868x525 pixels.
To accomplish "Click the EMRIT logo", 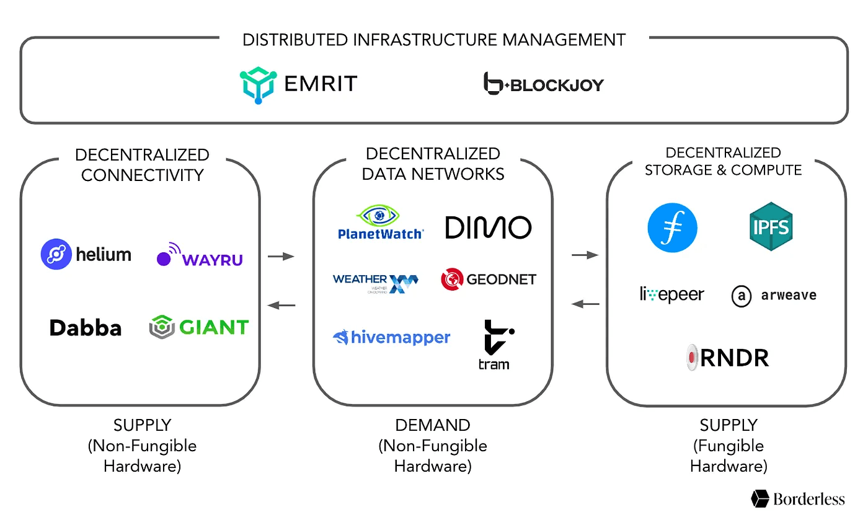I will pyautogui.click(x=298, y=84).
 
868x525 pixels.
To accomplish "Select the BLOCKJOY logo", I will pyautogui.click(x=543, y=84).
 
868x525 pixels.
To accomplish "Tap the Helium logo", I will pyautogui.click(x=86, y=254).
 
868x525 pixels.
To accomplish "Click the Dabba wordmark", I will pyautogui.click(x=86, y=327).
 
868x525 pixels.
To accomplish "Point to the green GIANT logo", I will pyautogui.click(x=199, y=327).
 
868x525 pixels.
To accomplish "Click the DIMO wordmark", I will pyautogui.click(x=488, y=227).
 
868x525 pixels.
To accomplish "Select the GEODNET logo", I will pyautogui.click(x=488, y=280).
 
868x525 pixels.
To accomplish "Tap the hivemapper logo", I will pyautogui.click(x=391, y=337).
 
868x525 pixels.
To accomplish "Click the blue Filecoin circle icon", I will pyautogui.click(x=672, y=227).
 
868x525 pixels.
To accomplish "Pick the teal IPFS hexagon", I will pyautogui.click(x=771, y=226).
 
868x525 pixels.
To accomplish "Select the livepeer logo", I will pyautogui.click(x=671, y=294).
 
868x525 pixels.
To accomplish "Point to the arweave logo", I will pyautogui.click(x=774, y=296).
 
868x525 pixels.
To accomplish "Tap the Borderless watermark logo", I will pyautogui.click(x=797, y=498).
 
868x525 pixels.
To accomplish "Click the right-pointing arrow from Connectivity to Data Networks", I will pyautogui.click(x=280, y=255).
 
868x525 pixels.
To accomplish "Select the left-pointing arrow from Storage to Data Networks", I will pyautogui.click(x=585, y=304).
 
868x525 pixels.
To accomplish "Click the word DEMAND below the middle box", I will pyautogui.click(x=433, y=425).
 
